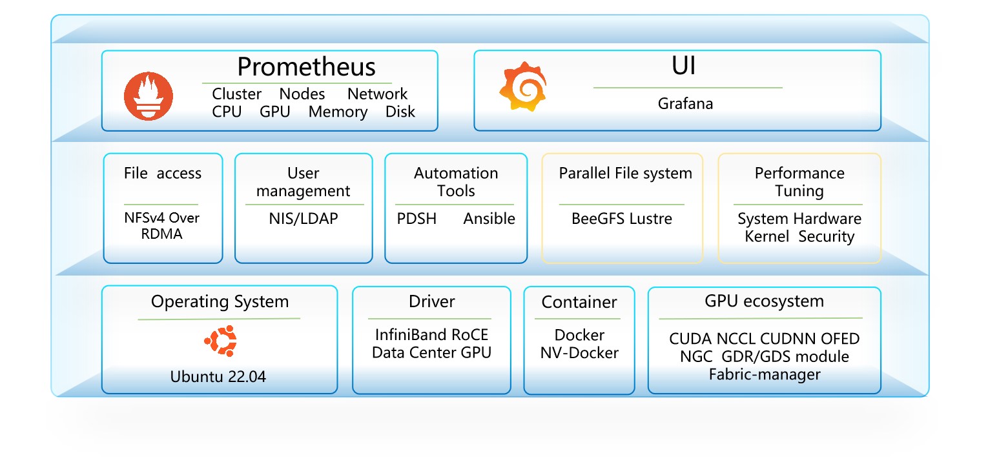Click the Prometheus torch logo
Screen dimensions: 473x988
click(149, 97)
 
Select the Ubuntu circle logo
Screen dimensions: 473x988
click(220, 342)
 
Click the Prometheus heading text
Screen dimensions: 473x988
click(306, 67)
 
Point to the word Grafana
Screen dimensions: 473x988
click(685, 103)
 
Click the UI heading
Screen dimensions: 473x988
click(684, 66)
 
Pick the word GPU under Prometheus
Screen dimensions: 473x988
click(275, 112)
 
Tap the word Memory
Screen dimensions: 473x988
click(338, 112)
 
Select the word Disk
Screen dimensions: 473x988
click(400, 112)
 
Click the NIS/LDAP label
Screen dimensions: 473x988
click(303, 219)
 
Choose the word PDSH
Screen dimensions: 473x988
click(417, 219)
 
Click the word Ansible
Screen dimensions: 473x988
click(489, 219)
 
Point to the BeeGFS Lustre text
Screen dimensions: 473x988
click(621, 219)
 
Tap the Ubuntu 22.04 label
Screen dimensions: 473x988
click(218, 377)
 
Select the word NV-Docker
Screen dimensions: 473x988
click(579, 353)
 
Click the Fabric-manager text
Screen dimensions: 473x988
click(765, 374)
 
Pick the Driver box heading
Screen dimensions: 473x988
click(431, 301)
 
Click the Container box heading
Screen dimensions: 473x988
click(579, 302)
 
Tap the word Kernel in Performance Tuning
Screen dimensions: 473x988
click(767, 236)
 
